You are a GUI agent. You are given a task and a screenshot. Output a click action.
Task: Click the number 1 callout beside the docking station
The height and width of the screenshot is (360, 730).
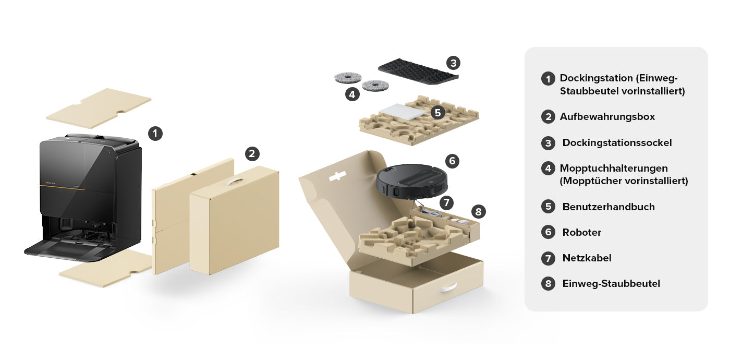[x=155, y=134]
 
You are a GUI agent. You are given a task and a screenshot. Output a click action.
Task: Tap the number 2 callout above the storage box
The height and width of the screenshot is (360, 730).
[x=252, y=154]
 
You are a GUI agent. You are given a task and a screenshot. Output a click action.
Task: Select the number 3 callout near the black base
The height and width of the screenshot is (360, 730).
[x=453, y=63]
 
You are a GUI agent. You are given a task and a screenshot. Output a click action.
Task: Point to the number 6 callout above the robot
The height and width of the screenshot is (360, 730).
[x=452, y=161]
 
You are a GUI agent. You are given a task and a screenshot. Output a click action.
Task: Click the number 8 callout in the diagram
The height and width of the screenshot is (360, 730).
[x=479, y=212]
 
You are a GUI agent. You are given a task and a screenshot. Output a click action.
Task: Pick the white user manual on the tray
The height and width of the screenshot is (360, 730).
[x=403, y=112]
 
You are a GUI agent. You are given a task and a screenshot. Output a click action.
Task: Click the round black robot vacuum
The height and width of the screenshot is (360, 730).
[x=412, y=181]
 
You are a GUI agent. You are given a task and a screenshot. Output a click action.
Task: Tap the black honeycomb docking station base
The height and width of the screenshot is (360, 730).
[x=418, y=71]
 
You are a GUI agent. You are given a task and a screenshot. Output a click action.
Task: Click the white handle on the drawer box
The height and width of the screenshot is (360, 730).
[x=449, y=288]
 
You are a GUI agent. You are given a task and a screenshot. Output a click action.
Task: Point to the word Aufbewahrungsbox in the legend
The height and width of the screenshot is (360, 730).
[x=607, y=117]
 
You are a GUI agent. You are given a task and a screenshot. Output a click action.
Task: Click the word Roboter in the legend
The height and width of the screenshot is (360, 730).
[x=582, y=233]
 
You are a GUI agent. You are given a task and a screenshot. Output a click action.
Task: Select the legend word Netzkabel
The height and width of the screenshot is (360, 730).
[x=587, y=258]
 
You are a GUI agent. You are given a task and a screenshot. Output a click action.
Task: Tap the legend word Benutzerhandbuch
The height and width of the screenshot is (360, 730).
[x=609, y=207]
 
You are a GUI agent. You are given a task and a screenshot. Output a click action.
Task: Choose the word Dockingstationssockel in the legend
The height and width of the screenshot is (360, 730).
[x=617, y=143]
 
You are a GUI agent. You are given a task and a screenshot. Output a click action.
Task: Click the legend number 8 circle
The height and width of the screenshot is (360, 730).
[x=548, y=284]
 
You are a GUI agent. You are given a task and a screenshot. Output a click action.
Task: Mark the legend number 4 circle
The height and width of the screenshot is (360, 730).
[x=548, y=168]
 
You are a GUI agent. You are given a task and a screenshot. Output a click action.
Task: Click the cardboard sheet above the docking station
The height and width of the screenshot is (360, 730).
[x=99, y=109]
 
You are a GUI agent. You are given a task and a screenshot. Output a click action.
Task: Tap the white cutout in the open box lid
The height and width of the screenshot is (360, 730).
[x=337, y=176]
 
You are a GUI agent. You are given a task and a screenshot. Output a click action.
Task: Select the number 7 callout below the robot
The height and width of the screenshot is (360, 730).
[x=446, y=203]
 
